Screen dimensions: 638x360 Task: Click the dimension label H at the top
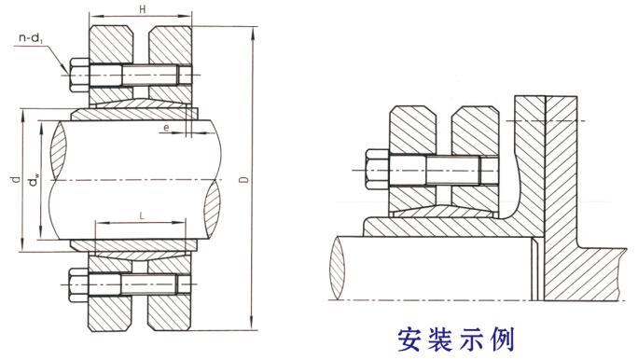pos(143,9)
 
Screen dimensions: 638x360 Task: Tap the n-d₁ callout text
pos(31,39)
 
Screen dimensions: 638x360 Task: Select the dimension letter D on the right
pos(243,179)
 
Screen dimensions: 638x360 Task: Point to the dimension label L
pos(142,216)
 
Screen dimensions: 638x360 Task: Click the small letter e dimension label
pos(166,128)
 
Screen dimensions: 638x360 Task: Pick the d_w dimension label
pos(35,179)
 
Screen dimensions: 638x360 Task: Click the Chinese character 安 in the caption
pos(409,339)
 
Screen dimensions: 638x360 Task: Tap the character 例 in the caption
pos(502,339)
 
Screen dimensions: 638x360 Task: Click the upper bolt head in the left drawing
pos(79,75)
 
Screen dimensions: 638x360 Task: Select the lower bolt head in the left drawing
pos(79,284)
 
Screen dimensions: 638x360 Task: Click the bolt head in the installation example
pos(377,170)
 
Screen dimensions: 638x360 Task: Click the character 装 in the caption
pos(440,339)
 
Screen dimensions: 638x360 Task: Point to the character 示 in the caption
pos(471,339)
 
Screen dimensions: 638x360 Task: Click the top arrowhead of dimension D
pos(253,33)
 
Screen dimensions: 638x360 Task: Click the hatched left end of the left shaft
pos(58,150)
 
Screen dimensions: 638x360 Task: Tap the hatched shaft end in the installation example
pos(338,268)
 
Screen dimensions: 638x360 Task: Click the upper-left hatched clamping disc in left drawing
pos(110,45)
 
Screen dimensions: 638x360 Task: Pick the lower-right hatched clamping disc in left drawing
pos(170,312)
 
